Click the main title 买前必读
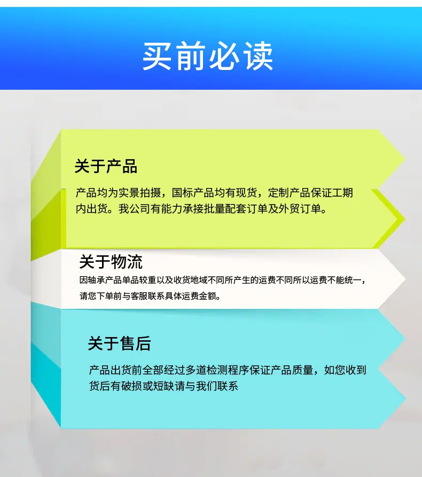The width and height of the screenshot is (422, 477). click(x=208, y=56)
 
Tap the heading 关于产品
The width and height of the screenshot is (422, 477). click(x=106, y=167)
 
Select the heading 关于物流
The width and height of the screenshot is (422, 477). click(x=111, y=262)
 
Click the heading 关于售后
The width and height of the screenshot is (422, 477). click(x=119, y=343)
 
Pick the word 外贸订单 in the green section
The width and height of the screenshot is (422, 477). click(x=300, y=209)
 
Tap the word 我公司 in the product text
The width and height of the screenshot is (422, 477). click(x=135, y=209)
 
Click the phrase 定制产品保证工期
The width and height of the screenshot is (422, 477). click(x=310, y=193)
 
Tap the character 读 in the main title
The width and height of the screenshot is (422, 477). click(x=259, y=56)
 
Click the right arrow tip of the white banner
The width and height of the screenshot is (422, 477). click(x=405, y=279)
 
